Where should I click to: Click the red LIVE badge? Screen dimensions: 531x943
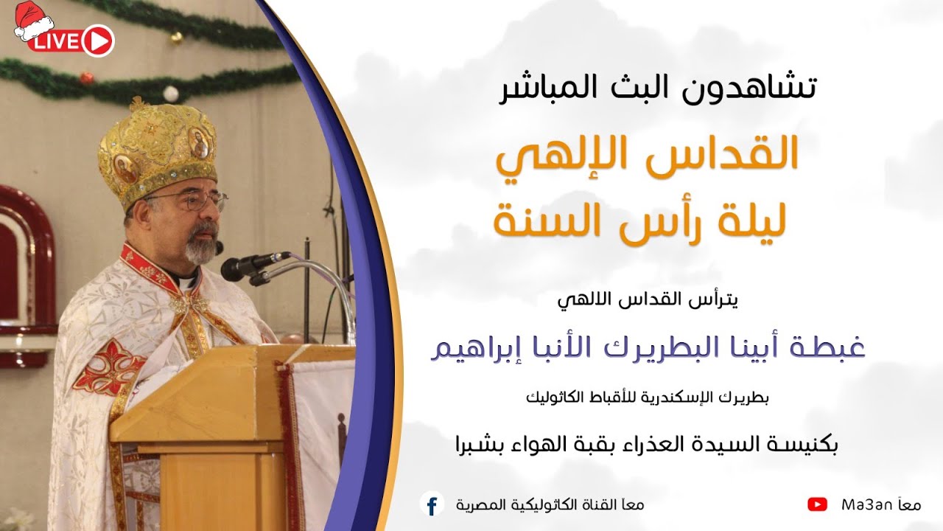point(71,41)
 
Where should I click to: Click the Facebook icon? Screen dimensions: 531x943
point(432,504)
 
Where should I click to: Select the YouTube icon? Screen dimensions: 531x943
point(817,504)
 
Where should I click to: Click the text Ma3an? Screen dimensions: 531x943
point(867,505)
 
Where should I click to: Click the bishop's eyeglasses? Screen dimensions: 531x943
point(193,201)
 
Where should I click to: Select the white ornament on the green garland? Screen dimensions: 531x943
point(171,94)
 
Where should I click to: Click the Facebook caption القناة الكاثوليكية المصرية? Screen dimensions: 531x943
point(530,505)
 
